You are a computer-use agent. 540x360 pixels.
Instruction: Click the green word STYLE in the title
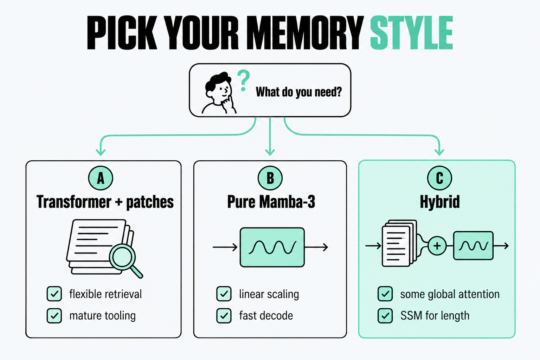click(x=412, y=33)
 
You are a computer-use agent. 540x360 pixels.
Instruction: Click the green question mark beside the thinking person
click(x=244, y=81)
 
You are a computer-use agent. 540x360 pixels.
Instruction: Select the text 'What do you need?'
click(x=299, y=92)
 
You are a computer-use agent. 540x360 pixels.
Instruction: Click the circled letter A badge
click(x=101, y=178)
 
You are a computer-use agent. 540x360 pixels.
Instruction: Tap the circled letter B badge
click(x=270, y=178)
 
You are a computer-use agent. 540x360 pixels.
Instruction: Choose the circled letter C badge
click(x=439, y=178)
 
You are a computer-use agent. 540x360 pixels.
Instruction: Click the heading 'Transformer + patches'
click(x=105, y=202)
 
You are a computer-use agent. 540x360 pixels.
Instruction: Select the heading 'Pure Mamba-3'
click(x=271, y=202)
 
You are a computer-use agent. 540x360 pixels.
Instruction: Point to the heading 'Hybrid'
click(x=440, y=202)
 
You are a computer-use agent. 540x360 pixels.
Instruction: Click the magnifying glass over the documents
click(x=126, y=261)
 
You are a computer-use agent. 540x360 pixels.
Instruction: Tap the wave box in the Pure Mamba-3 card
click(x=272, y=247)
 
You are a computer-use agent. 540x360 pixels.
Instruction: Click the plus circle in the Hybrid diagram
click(x=437, y=246)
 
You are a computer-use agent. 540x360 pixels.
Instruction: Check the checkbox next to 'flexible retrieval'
click(x=54, y=294)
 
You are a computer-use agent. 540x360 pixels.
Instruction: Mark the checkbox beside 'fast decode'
click(x=224, y=316)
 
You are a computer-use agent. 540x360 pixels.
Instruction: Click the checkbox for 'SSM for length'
click(x=385, y=316)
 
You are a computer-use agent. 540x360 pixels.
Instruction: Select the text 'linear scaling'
click(x=269, y=294)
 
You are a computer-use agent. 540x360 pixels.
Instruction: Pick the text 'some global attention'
click(x=450, y=294)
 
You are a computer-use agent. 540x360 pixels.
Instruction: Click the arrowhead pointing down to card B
click(x=270, y=153)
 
